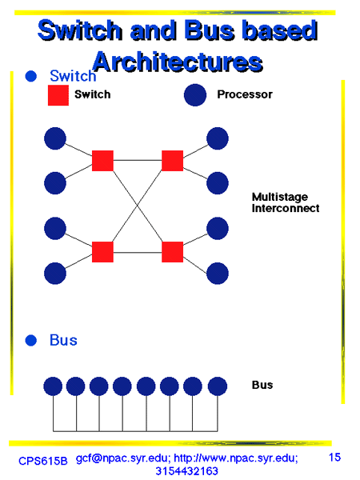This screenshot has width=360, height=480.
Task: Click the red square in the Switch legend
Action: pos(58,95)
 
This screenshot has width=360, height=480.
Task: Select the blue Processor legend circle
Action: pos(195,95)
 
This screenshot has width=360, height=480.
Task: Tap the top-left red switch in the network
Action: pos(102,161)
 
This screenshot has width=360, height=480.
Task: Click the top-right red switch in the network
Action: pos(172,161)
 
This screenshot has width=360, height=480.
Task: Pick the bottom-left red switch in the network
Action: pos(102,252)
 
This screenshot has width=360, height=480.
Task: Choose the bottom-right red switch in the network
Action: pos(172,252)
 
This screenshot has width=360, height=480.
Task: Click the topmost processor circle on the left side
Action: pos(55,138)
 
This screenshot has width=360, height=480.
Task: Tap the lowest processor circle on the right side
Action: pos(218,274)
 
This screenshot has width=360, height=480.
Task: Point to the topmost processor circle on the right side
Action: pos(218,138)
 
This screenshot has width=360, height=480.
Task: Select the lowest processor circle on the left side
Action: pos(55,274)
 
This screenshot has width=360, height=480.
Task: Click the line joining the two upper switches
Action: pos(138,160)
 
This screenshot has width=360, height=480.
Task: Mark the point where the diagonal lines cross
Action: pos(138,206)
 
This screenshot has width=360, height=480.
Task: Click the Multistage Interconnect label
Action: pos(286,202)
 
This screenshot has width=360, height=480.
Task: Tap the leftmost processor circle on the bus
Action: pos(53,386)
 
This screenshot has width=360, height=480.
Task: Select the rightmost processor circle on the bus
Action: pos(218,386)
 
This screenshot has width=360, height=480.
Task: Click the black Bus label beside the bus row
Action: pos(262,385)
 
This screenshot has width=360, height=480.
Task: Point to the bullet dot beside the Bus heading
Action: pos(31,341)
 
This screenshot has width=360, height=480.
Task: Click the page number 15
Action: pos(334,458)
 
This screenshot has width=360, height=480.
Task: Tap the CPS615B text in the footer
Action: pos(43,461)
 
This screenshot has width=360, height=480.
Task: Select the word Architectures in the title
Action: pos(178,62)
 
